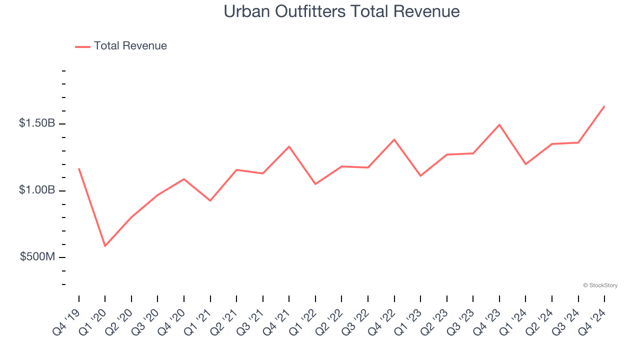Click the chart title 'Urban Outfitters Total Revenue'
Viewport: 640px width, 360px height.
(341, 11)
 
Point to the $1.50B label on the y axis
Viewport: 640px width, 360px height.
(37, 123)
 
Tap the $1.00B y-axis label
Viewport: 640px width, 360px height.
(37, 190)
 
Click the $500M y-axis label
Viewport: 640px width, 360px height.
(37, 257)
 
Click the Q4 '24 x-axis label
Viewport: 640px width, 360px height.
(593, 320)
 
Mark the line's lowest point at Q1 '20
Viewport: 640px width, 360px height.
(105, 246)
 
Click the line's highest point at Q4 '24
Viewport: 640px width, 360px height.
(604, 106)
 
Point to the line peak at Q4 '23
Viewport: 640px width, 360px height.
(499, 124)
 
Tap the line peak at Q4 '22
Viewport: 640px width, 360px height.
(394, 139)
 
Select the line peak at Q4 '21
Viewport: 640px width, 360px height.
(289, 146)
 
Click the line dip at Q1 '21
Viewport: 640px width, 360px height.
(210, 200)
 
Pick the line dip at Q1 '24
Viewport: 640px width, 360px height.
(525, 164)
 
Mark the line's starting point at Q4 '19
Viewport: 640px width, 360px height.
(79, 168)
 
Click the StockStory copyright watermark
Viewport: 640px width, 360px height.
(600, 285)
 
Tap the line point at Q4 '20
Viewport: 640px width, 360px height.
(184, 179)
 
